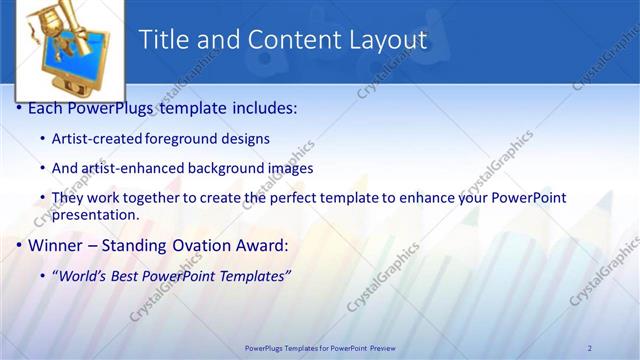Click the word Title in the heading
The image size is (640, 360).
click(x=163, y=40)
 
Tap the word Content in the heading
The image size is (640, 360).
click(x=289, y=40)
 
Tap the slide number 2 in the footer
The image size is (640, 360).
click(x=590, y=347)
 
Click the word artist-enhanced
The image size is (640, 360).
click(x=126, y=168)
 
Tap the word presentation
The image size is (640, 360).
click(x=94, y=214)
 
